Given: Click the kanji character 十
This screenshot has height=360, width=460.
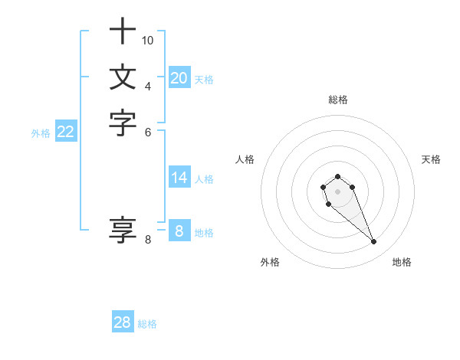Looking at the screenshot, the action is (123, 32).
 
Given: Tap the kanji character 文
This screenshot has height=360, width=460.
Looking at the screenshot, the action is (123, 77).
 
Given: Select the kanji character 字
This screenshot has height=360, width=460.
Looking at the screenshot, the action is (123, 123).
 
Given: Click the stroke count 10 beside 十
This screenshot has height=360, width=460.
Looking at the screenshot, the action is (148, 40).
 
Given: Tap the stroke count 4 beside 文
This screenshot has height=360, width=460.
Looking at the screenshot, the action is (148, 85).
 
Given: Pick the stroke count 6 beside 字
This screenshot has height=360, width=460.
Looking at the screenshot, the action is (148, 131).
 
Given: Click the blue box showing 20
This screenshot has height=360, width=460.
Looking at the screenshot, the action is (179, 78).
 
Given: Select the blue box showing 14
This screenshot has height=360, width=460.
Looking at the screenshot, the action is (179, 178).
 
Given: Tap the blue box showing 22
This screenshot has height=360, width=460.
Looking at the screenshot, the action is (66, 132).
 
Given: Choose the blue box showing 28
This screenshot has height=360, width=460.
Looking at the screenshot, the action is (123, 322).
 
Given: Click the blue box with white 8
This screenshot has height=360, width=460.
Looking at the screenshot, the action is (179, 231).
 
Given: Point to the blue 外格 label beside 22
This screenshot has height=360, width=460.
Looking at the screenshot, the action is (41, 133).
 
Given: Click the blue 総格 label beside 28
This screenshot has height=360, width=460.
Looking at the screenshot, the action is (147, 324).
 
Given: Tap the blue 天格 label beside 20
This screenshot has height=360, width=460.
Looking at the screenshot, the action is (204, 80).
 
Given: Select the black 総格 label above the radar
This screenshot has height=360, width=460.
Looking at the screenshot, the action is (338, 100).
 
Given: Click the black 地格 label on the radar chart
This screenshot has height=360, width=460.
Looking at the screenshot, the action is (402, 262).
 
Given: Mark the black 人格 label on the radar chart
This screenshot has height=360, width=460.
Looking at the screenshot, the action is (245, 159).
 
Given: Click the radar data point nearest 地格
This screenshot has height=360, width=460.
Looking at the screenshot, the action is (373, 242).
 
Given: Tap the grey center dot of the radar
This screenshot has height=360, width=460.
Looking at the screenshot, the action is (338, 191).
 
